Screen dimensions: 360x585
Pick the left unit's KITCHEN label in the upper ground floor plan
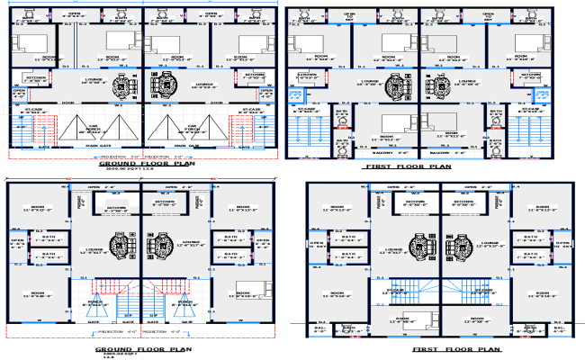(x=37, y=78)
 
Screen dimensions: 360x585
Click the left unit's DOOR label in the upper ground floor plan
(x=67, y=102)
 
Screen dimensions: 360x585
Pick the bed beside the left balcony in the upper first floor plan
(x=388, y=121)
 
